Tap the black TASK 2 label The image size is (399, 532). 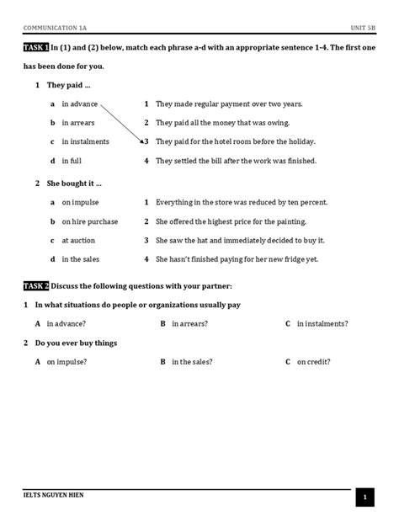coord(36,285)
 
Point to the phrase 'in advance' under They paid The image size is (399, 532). coord(80,104)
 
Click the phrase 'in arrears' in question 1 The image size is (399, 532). coord(78,123)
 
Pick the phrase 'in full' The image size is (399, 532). coord(72,161)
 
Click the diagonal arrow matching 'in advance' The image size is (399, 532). coord(121,123)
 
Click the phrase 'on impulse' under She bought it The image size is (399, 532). coord(80,203)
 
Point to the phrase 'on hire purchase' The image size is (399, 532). coord(89,221)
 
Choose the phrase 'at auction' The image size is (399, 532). coord(78,241)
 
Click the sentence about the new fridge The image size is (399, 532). coord(237,259)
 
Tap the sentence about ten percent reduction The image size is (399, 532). coord(242,203)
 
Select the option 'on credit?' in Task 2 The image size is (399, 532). coord(313,362)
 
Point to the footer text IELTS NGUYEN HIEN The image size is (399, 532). coord(54,495)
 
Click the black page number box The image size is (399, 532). coord(364,498)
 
